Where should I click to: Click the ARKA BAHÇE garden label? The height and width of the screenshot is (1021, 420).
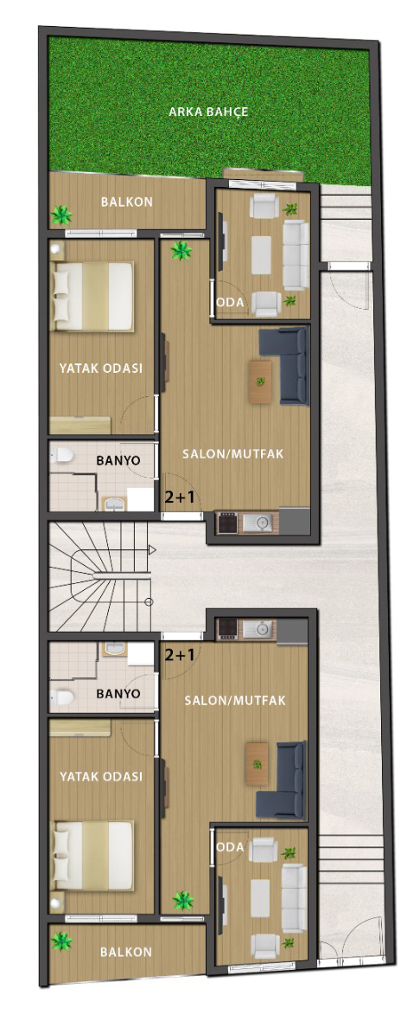coord(208,112)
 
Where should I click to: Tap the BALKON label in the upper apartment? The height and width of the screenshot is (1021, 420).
coord(127,202)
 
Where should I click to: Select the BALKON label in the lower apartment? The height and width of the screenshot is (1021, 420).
coord(126,952)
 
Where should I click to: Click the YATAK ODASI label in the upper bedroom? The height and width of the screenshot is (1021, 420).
coord(101,368)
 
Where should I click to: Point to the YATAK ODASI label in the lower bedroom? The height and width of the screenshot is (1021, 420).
coord(101,777)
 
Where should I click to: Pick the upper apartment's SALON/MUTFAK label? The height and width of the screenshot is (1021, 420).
coord(232,454)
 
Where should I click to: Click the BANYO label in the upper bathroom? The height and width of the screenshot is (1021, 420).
coord(118,460)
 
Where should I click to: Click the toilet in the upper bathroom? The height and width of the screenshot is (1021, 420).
coord(63,456)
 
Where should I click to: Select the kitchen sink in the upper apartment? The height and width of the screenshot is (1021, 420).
coord(263,523)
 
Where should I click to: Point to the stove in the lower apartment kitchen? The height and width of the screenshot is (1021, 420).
coord(227,627)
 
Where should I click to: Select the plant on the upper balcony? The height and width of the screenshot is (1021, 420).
coord(61,214)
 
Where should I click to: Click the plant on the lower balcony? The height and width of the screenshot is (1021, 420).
coord(61,941)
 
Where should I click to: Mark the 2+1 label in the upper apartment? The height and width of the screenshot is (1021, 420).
coord(180,498)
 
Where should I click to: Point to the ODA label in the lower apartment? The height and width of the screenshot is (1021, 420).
coord(230,848)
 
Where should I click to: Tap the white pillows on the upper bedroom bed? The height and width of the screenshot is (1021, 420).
coord(60,296)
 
